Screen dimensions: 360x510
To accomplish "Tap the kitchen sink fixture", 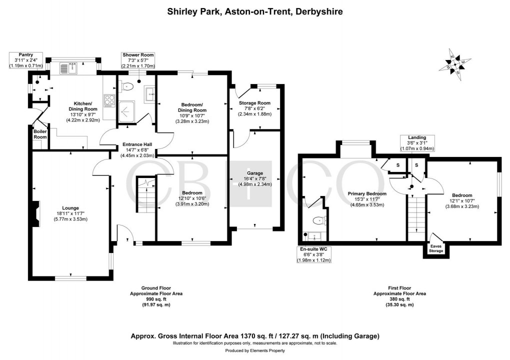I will pos(68,66).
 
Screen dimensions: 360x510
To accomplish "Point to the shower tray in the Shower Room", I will pos(127,110).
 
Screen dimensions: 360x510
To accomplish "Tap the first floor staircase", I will pos(415,214).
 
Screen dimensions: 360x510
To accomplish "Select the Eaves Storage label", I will pos(436,248).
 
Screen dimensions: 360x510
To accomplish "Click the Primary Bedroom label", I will pos(367,193).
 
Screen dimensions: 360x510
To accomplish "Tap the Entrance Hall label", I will pos(137,144).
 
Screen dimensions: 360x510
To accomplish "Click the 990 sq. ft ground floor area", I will pos(153,299).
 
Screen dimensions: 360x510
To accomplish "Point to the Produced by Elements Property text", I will pos(254,351).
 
